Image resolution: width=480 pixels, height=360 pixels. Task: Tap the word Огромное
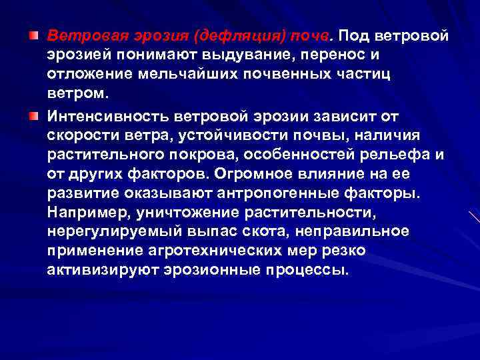(248, 175)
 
